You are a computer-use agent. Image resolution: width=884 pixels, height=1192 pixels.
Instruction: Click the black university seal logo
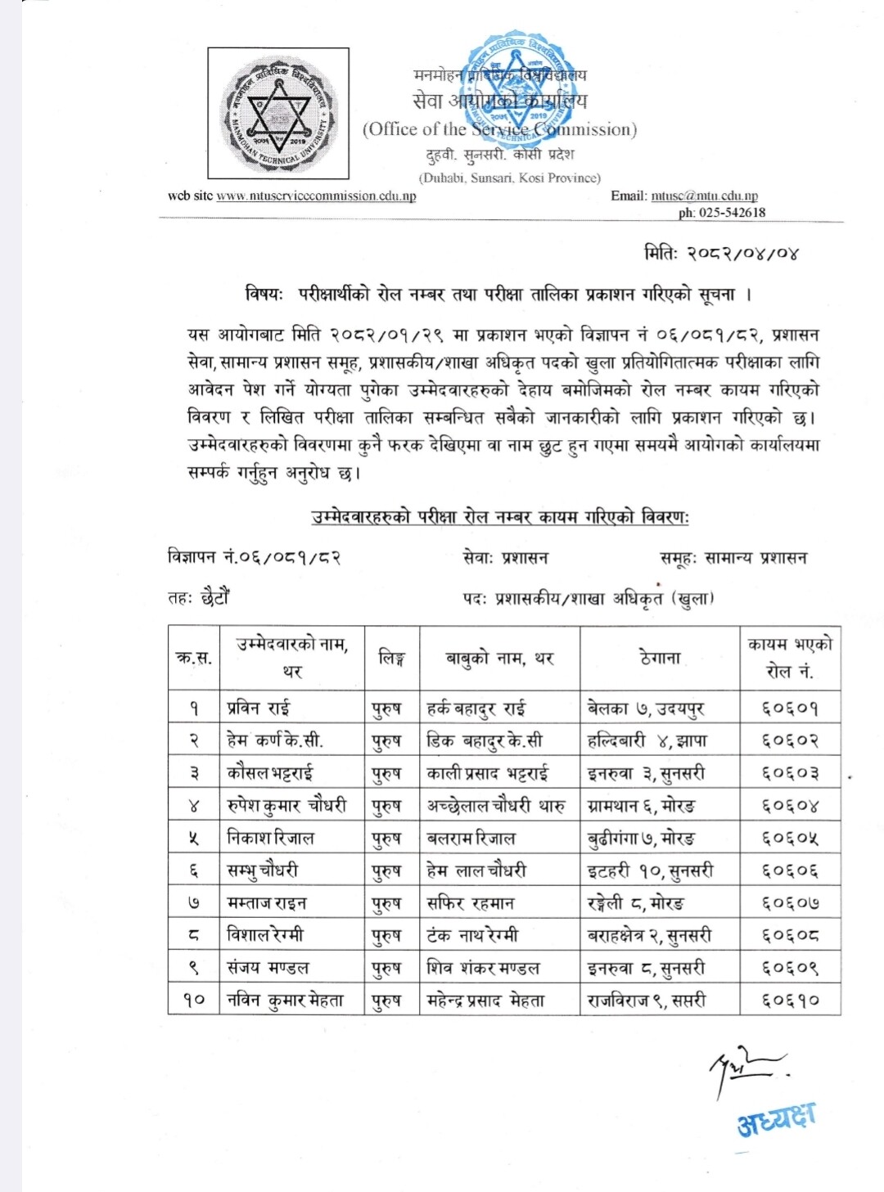pos(278,114)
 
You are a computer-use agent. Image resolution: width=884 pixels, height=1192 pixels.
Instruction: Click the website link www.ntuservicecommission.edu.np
pos(316,196)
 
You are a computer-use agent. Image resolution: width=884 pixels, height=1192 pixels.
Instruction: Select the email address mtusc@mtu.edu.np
pos(705,196)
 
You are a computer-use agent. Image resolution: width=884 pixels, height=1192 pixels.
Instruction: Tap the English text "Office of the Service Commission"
pos(499,129)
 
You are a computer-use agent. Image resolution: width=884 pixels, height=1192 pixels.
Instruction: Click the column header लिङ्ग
pos(392,658)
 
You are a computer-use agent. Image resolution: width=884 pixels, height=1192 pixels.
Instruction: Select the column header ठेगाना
pos(660,658)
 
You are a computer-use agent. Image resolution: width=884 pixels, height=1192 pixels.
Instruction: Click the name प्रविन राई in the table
pos(259,708)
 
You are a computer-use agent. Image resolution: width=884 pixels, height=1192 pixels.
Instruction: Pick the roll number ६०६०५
pos(790,839)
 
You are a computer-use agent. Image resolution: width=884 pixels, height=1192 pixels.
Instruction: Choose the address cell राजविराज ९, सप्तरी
pos(647,1000)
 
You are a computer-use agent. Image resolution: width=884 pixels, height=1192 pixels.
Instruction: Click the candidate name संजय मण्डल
pos(268,968)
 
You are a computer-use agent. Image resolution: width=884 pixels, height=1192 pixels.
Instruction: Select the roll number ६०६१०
pos(790,1000)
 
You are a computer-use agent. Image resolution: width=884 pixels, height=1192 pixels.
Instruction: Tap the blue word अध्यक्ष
pos(776,1120)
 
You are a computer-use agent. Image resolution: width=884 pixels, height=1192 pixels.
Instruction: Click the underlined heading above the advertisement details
pos(500,517)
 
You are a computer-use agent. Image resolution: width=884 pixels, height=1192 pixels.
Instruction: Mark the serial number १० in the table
pos(194,1000)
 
